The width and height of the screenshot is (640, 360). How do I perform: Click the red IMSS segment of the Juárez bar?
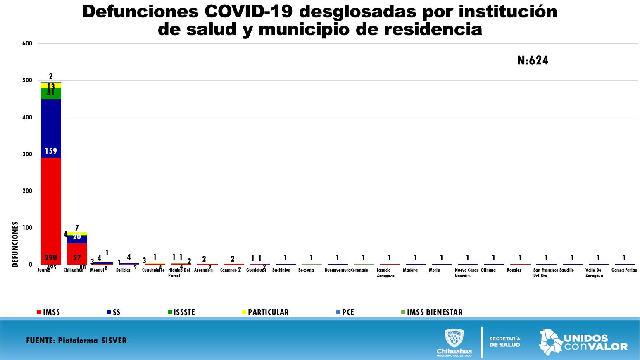(x=51, y=211)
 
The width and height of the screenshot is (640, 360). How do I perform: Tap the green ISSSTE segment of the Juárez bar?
(x=51, y=93)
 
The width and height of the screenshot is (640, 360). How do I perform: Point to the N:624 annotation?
(x=533, y=61)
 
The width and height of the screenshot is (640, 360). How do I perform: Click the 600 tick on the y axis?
(x=27, y=43)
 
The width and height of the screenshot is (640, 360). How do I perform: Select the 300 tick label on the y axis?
(x=27, y=154)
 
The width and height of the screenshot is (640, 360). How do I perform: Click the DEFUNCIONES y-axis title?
(x=15, y=244)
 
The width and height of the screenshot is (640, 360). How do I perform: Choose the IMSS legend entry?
(x=49, y=312)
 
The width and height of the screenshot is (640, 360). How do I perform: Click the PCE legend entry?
(x=345, y=312)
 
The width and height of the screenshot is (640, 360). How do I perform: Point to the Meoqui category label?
(x=97, y=270)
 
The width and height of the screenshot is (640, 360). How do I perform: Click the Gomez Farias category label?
(x=624, y=270)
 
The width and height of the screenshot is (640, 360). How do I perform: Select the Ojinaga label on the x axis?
(x=488, y=270)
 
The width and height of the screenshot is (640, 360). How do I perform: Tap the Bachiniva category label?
(x=281, y=270)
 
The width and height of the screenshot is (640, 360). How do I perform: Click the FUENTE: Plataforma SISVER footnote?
(x=76, y=341)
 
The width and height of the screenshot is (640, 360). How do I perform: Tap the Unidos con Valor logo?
(x=583, y=342)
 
